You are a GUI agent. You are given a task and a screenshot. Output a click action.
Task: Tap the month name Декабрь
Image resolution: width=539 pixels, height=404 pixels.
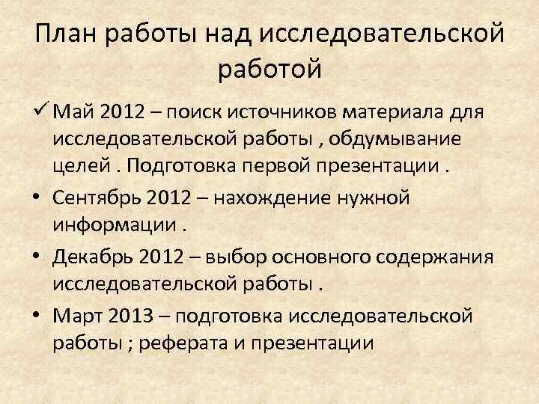pos(93,257)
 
